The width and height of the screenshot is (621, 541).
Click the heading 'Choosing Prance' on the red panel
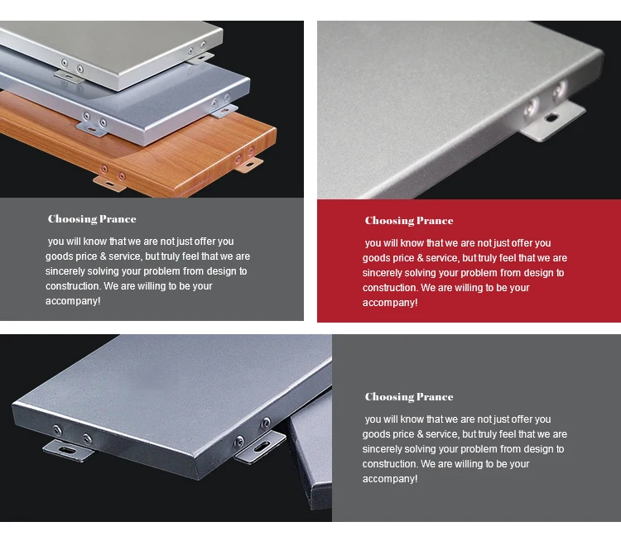(x=409, y=221)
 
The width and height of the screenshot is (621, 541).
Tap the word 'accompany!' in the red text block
(x=390, y=303)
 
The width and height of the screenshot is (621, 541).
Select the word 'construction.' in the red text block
(x=390, y=288)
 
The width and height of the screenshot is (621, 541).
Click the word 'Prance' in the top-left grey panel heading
(x=118, y=219)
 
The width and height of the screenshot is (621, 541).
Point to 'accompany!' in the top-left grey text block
(x=73, y=301)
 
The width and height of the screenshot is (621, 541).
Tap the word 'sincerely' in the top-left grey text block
(x=66, y=271)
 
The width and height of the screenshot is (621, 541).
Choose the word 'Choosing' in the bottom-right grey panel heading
(x=386, y=397)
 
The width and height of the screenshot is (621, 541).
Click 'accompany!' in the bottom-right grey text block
(x=390, y=479)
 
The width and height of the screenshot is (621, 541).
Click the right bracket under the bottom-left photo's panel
(x=259, y=448)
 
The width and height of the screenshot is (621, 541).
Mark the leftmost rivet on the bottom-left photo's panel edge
(x=57, y=429)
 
